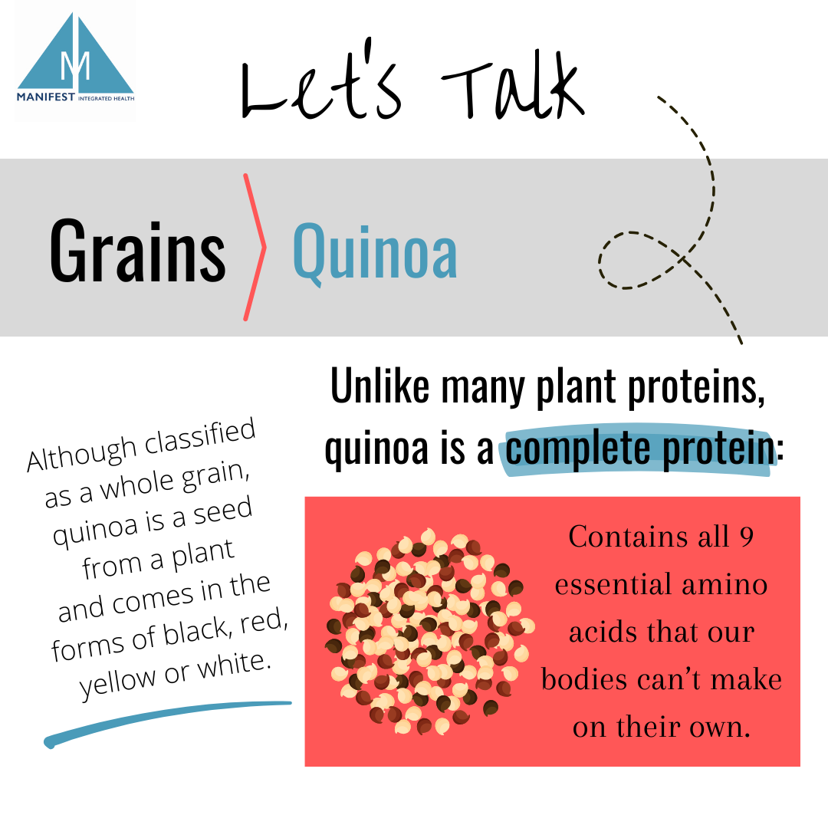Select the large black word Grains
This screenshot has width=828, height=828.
[138, 249]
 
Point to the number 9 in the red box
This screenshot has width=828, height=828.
[746, 537]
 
